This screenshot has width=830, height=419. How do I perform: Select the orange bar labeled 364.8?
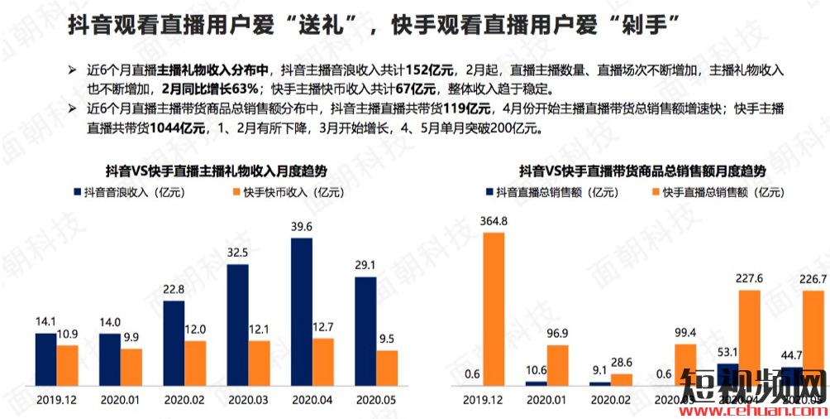click(x=493, y=309)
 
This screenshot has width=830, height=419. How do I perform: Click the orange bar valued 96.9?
click(x=557, y=365)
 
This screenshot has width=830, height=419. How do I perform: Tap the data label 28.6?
click(x=621, y=363)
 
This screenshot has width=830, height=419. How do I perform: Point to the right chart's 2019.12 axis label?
click(x=483, y=398)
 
